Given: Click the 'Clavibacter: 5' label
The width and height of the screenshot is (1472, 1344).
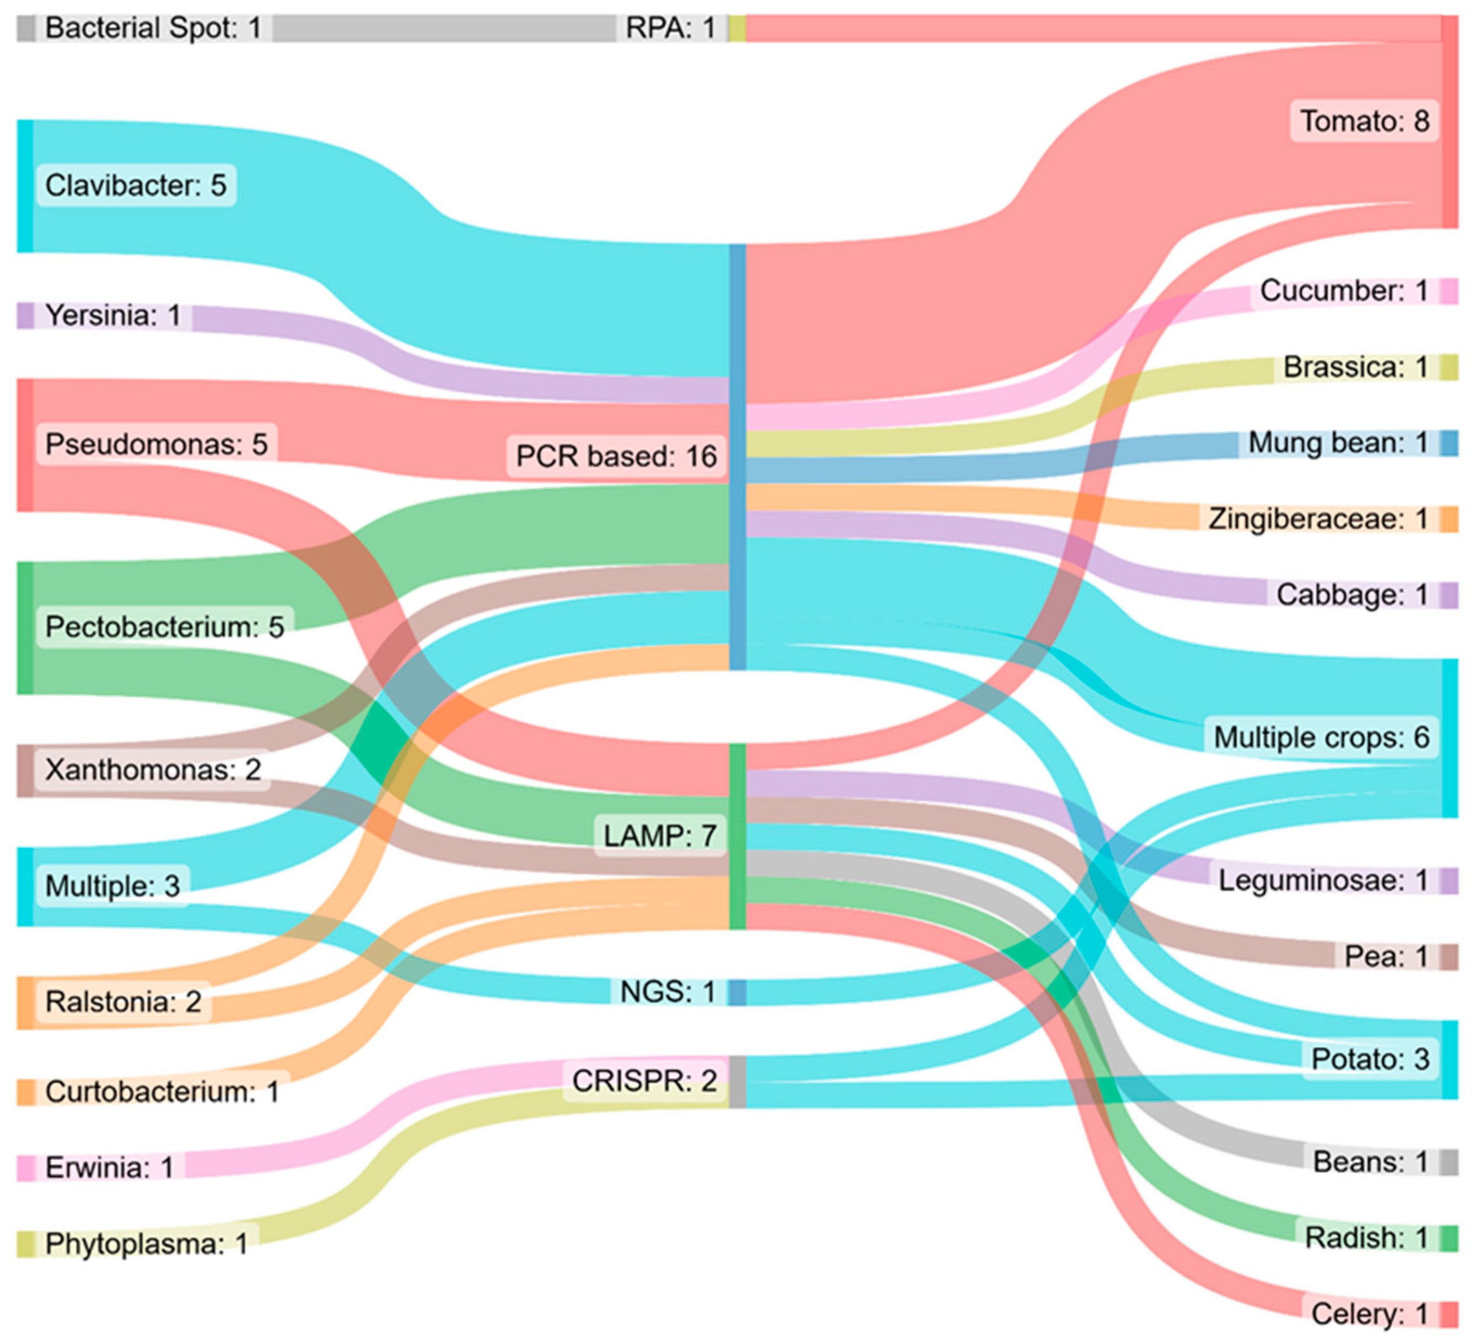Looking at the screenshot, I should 136,185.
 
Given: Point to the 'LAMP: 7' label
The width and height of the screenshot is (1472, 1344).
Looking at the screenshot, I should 659,835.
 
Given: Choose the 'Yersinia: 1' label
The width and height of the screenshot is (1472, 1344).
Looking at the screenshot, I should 113,315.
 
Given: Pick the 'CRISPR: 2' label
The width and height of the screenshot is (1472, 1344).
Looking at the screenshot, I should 645,1080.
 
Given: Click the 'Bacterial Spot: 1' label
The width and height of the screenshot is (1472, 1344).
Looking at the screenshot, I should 153,28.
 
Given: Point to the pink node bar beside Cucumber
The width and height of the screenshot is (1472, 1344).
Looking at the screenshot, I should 1449,291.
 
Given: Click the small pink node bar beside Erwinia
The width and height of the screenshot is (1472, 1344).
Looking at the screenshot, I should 25,1167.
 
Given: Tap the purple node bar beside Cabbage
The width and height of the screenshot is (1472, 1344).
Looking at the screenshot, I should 1449,595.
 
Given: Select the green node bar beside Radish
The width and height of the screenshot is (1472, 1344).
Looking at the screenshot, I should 1449,1238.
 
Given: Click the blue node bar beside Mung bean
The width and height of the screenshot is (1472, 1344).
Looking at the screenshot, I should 1449,443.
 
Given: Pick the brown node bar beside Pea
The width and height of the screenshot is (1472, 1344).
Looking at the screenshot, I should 1449,956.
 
